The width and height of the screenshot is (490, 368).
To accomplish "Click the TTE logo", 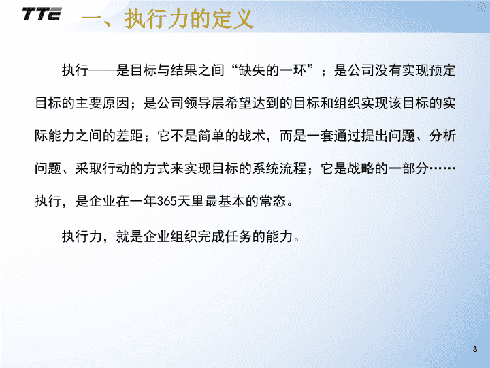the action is tap(42, 14).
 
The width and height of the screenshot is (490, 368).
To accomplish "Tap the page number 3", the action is tap(475, 349).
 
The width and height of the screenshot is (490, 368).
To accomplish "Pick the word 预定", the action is tap(442, 70).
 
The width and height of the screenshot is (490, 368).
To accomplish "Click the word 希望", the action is tap(238, 104).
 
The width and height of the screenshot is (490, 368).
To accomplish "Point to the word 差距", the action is tap(129, 136).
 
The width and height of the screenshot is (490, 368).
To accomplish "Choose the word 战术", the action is tap(252, 136).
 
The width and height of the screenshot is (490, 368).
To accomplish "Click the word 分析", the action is tap(442, 136).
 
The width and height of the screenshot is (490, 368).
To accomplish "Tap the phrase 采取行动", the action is tap(102, 169).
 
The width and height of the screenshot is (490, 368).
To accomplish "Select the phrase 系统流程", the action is tap(280, 169).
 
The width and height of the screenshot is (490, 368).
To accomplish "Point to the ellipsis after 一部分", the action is tap(442, 169).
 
